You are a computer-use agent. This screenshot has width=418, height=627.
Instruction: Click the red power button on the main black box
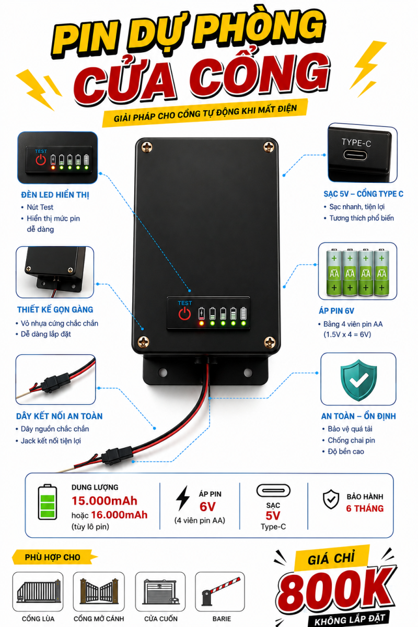pos(184,313)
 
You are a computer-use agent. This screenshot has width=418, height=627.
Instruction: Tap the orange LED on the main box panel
pos(201,323)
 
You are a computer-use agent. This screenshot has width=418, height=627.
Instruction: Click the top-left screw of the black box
pos(147,147)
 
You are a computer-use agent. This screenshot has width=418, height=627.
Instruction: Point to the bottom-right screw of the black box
pos(270,342)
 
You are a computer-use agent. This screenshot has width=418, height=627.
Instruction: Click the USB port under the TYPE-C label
pos(355,155)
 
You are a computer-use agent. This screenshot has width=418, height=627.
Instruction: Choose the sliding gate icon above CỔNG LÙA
pos(38,591)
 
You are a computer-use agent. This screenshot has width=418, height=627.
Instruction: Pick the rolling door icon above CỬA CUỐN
pos(160,591)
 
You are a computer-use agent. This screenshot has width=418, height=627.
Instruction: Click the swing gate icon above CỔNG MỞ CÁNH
pos(99,591)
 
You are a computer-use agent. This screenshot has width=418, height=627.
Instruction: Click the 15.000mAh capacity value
pos(104,501)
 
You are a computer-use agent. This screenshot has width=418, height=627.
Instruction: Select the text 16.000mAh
pos(119,515)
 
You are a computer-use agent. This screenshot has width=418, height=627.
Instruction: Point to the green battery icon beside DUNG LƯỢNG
pos(48,502)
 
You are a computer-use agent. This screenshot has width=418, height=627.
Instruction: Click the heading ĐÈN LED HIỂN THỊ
pos(55,195)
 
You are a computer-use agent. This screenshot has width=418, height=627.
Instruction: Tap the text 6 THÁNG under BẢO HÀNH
pos(365,508)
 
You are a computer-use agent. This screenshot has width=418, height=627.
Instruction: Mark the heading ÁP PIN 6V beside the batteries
pos(336,311)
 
